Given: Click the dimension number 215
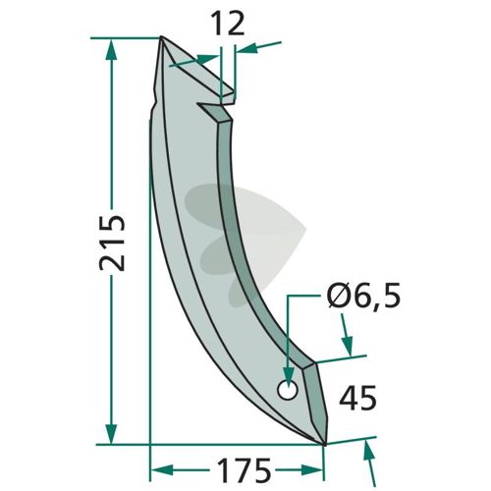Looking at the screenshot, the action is (112, 243).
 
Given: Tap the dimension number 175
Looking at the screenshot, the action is (245, 470).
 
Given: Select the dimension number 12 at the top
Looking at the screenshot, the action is (229, 23).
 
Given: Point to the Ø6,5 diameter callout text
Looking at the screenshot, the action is (363, 297).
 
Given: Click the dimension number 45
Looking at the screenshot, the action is (357, 398).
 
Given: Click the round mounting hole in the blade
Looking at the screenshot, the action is (288, 390).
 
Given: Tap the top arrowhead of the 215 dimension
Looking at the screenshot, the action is (111, 49).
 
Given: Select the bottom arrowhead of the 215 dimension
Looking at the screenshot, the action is (111, 434).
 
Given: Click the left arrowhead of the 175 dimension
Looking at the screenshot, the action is (162, 470).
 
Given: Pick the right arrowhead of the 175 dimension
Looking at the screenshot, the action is (312, 470).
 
